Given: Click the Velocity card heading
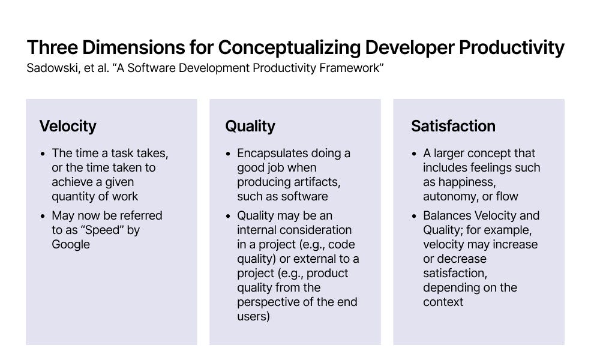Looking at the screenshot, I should click(68, 126).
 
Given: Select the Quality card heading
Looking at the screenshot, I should click(250, 126).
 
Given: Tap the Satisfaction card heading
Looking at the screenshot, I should click(453, 126).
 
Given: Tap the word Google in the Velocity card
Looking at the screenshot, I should click(71, 244).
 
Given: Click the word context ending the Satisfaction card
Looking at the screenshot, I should click(443, 302).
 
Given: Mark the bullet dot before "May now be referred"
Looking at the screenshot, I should click(43, 216).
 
